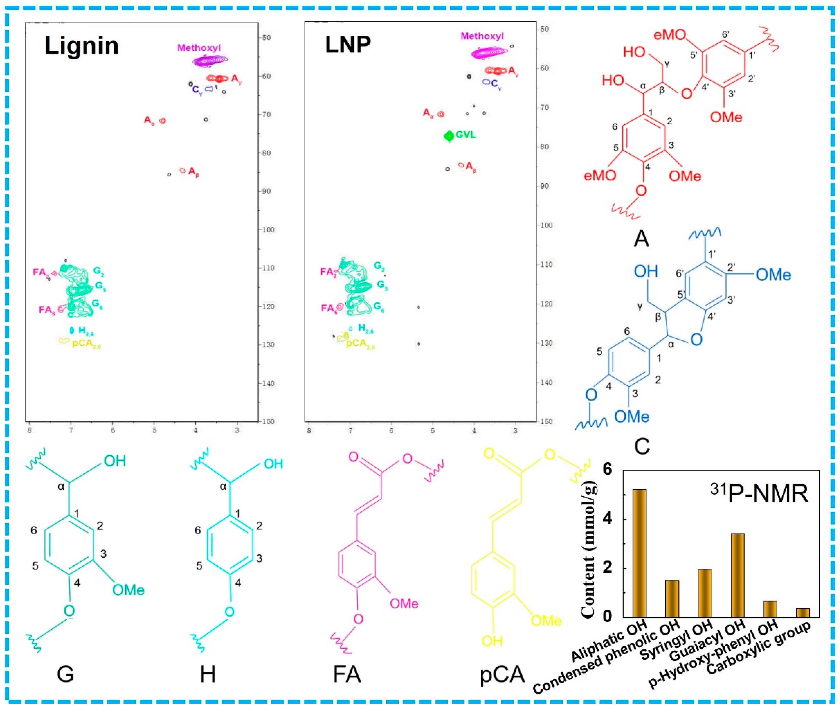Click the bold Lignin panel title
click(x=81, y=46)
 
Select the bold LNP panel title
click(x=347, y=45)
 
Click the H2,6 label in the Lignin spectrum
click(x=86, y=331)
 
